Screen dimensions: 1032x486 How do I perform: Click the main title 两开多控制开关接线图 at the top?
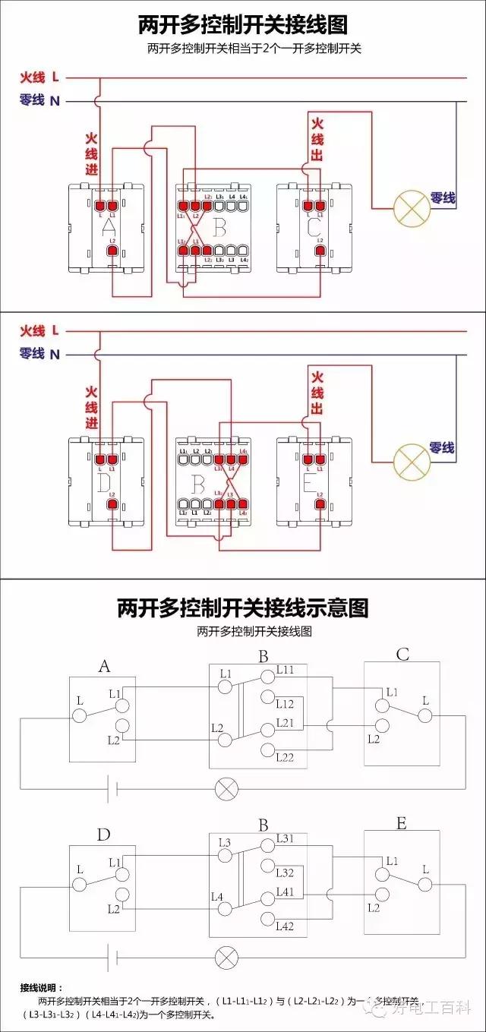[242, 25]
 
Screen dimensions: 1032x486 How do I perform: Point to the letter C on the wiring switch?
[314, 226]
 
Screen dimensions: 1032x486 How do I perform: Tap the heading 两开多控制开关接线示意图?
[242, 608]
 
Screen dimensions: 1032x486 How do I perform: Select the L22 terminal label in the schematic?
[286, 757]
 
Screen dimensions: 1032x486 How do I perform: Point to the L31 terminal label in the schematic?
[286, 838]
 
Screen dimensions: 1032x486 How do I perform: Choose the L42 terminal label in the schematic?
[286, 926]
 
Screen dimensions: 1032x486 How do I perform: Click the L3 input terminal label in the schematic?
[225, 843]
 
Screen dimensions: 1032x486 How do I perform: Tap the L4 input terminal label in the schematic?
[216, 898]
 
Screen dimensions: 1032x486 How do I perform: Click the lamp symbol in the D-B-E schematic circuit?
[226, 958]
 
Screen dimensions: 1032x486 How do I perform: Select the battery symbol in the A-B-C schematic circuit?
[112, 788]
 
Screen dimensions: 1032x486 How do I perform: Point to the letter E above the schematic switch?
[402, 824]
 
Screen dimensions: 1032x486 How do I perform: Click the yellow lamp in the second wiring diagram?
[411, 459]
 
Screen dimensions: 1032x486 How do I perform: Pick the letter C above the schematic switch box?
[402, 655]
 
